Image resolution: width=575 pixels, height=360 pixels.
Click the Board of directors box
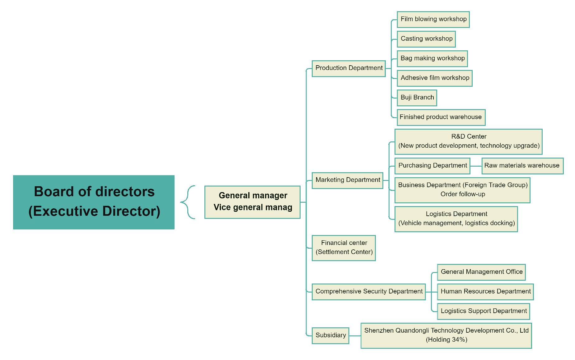coord(94,202)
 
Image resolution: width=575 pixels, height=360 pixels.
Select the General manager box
coord(252,202)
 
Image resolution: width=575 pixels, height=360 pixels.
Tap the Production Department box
coord(349,68)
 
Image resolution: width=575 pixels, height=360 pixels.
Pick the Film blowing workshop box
coord(433,19)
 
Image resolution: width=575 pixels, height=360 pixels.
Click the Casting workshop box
coord(426,39)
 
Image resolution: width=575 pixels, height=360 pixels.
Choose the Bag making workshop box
coord(432,58)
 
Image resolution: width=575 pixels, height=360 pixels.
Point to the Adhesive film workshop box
coord(435,78)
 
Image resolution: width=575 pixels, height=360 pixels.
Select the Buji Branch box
coord(417,98)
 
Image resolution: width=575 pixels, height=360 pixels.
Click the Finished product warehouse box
coord(441,117)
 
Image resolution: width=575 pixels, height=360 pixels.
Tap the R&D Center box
coord(469,141)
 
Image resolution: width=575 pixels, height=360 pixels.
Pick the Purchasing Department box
coord(432,166)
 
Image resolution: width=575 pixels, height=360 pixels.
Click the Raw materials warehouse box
coord(522,166)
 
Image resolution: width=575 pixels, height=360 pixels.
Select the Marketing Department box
coord(348,180)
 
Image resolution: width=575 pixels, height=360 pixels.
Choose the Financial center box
coord(344,248)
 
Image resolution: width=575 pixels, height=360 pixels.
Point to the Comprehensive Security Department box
coord(369,292)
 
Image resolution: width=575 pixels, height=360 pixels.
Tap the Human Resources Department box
coord(485,292)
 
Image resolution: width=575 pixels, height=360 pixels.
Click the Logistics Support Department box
coord(484,311)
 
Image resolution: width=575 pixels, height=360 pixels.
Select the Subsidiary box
coord(330,335)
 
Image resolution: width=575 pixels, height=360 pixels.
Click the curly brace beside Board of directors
coord(188,202)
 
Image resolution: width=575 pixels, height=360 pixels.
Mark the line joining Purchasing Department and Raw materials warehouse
coord(476,166)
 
